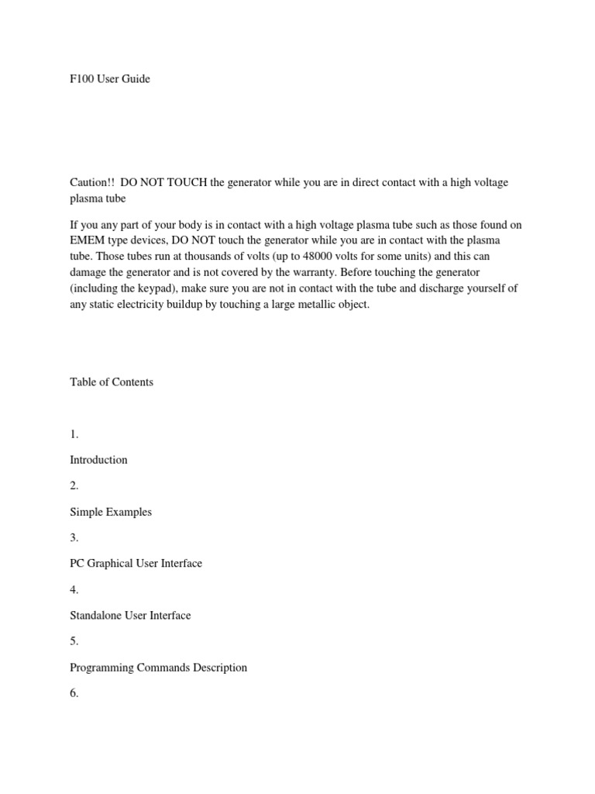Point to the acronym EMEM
[86, 240]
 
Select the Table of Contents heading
[112, 381]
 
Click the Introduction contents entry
[98, 460]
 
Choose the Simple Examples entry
[111, 512]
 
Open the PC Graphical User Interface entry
[136, 563]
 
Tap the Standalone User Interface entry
[130, 616]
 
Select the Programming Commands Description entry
[159, 668]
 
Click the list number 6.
[74, 694]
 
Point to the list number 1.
[74, 434]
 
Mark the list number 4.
[74, 590]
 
